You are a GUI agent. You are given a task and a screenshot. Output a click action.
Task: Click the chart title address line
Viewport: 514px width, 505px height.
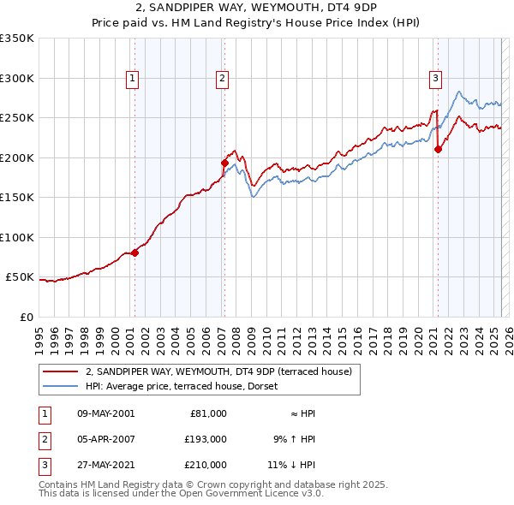click(256, 8)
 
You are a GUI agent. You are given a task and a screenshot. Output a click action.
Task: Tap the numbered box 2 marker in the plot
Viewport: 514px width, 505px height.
click(222, 80)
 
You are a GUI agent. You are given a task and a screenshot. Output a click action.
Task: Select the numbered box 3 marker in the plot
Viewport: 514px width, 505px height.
click(435, 80)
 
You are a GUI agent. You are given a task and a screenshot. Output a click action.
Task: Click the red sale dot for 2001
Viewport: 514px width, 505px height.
click(134, 253)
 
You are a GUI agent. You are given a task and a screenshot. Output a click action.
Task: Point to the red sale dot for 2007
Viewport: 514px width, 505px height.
click(224, 163)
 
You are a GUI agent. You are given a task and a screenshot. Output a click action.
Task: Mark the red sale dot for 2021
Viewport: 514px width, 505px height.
click(438, 149)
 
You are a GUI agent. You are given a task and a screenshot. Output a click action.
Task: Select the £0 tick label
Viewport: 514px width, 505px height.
click(26, 317)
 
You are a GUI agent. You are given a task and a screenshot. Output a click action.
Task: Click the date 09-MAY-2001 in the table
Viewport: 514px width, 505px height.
click(105, 413)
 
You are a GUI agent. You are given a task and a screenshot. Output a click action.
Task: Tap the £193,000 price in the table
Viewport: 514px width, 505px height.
click(206, 439)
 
